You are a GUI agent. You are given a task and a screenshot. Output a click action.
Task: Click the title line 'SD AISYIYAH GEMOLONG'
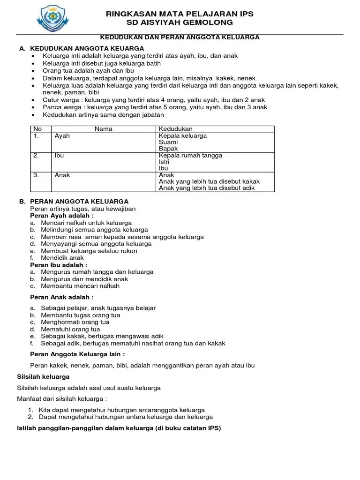click(180, 22)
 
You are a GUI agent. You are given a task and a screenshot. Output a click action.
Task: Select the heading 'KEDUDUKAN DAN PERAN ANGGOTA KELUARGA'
click(180, 37)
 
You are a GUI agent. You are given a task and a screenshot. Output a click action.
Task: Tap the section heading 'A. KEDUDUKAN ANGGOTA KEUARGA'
click(82, 48)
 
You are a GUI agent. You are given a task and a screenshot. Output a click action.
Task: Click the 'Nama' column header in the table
click(104, 129)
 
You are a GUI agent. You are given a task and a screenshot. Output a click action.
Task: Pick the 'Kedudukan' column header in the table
click(176, 129)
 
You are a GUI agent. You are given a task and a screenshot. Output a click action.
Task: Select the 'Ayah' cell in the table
click(62, 136)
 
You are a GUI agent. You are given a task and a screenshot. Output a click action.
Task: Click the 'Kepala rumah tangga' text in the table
click(190, 155)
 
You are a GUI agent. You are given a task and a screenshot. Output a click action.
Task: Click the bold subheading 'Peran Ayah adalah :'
click(62, 216)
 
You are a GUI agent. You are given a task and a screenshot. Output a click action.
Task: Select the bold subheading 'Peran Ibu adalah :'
click(59, 265)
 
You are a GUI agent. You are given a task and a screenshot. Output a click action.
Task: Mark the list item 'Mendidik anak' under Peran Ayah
click(62, 258)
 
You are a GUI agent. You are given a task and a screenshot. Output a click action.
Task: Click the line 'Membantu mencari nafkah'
click(80, 286)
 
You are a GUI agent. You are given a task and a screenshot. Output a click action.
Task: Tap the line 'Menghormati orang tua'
click(75, 322)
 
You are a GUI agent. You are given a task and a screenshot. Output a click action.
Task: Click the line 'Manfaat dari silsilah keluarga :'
click(62, 398)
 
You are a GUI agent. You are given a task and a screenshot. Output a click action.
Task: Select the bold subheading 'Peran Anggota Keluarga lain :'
click(78, 354)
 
